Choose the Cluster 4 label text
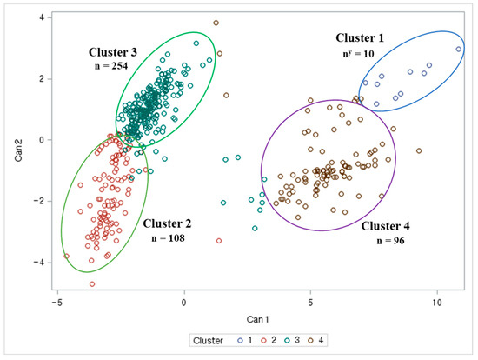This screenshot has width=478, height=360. coord(392,224)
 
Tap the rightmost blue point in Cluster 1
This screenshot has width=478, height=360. coord(459,50)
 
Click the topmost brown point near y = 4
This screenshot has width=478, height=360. coord(216,23)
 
